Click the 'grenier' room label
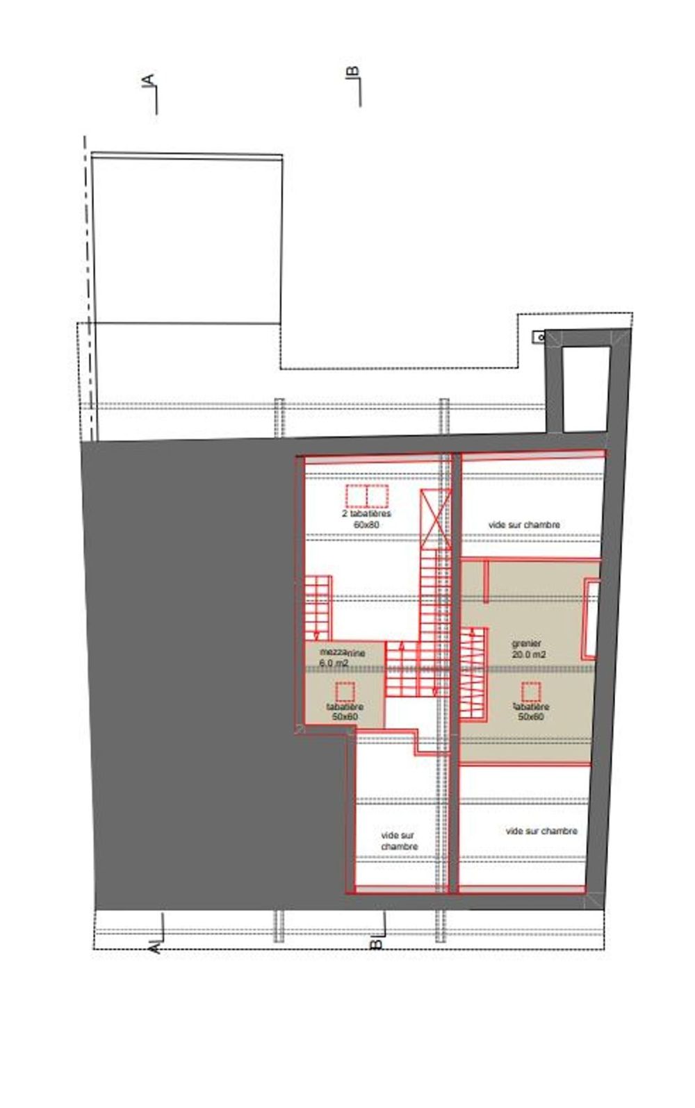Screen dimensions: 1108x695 pos(525,643)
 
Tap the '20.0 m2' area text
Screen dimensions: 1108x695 pos(528,654)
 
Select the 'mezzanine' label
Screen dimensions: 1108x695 pos(341,652)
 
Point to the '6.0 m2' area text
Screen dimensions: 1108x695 pos(333,663)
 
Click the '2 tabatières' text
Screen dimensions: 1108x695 pos(366,514)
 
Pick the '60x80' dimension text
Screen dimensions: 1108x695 pos(366,524)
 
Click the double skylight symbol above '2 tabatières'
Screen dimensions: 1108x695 pos(366,497)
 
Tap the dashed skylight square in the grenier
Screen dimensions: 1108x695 pos(531,692)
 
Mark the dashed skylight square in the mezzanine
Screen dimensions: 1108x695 pos(345,692)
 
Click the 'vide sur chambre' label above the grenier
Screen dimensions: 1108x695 pos(523,524)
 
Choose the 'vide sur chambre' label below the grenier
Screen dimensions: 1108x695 pos(541,831)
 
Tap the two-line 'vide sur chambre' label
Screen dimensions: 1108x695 pos(399,841)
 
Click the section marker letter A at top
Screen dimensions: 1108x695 pos(148,82)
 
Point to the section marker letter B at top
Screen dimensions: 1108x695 pos(352,72)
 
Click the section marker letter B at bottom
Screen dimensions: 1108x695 pos(375,943)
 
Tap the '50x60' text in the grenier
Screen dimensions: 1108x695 pos(531,716)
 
